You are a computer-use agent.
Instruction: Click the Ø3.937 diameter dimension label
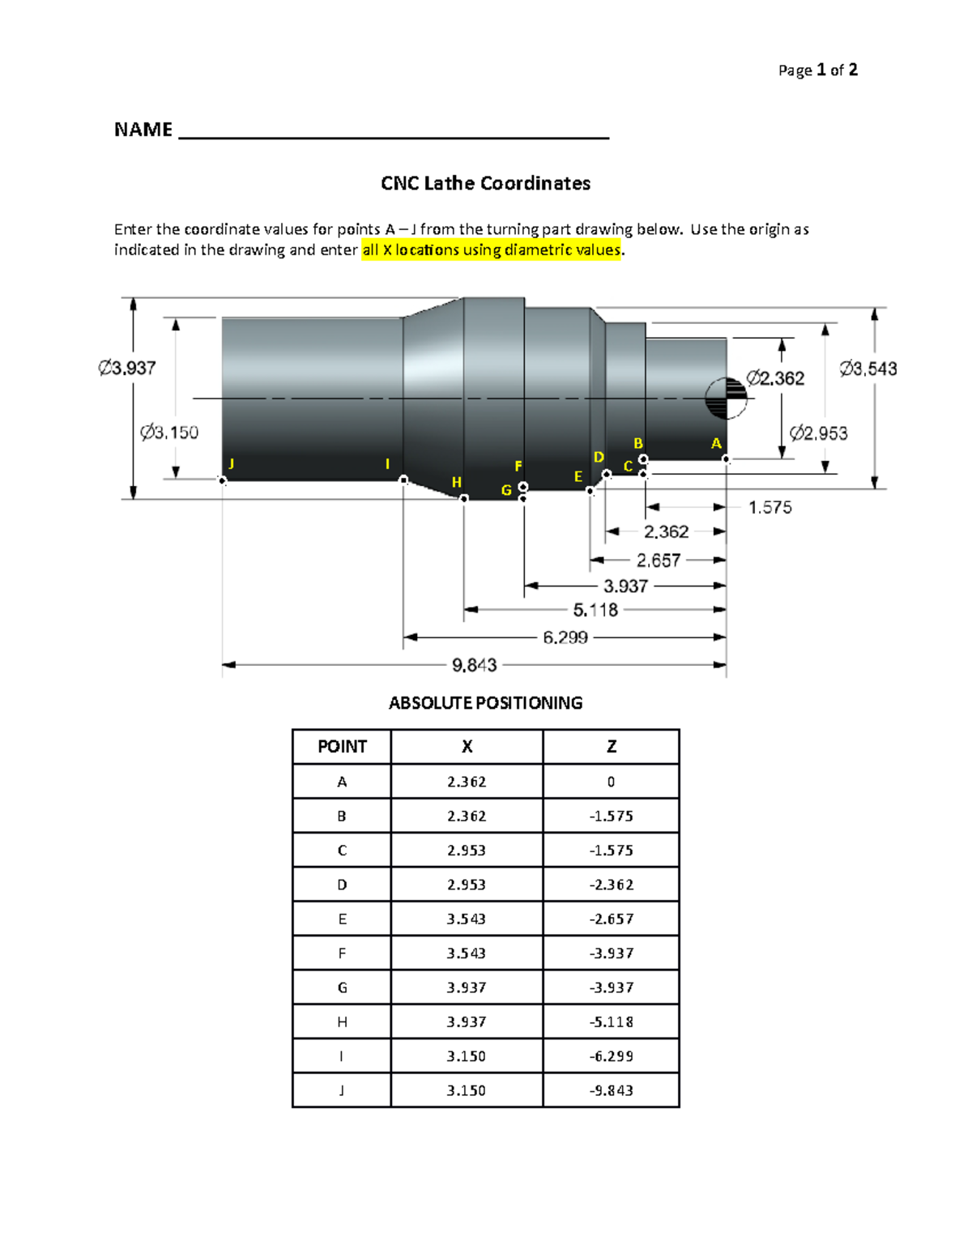126,368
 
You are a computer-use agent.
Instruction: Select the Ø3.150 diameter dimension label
168,433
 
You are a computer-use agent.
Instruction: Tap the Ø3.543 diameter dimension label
868,369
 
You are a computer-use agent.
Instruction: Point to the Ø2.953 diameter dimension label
818,433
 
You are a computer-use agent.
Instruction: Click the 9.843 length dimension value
474,665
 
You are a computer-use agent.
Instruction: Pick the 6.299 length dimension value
565,638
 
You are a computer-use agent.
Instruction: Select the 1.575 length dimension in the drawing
769,508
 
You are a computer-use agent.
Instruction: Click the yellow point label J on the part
232,463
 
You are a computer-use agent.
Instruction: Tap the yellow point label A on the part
716,443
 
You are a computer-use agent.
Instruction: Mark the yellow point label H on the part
457,482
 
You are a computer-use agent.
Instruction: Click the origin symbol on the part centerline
726,399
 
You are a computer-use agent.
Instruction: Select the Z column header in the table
611,747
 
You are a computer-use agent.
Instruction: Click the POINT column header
342,747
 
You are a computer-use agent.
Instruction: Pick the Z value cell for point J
611,1090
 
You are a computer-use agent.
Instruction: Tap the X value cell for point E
467,919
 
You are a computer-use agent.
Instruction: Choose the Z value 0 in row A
611,782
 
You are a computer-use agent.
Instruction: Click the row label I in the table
342,1056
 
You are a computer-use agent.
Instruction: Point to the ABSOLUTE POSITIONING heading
485,703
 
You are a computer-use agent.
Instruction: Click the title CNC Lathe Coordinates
485,183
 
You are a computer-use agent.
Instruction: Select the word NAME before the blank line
143,130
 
